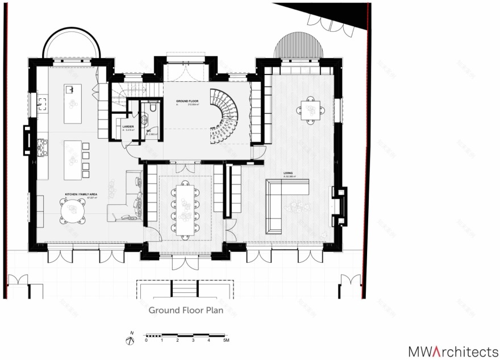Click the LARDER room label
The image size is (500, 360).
point(127,126)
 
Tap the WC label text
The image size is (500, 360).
point(149,131)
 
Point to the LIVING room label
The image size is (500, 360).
point(289,172)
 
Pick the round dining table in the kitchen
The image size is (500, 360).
point(73,212)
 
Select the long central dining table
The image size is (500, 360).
point(185,208)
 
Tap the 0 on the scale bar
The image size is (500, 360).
point(146,340)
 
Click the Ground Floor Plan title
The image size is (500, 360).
point(186,311)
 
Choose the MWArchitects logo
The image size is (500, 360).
point(453,350)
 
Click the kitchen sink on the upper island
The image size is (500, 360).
point(70,90)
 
